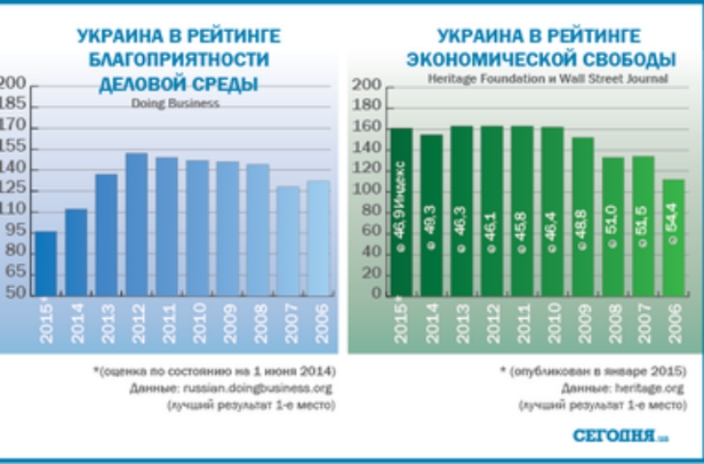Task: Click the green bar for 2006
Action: [672, 237]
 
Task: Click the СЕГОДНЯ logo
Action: [615, 435]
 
